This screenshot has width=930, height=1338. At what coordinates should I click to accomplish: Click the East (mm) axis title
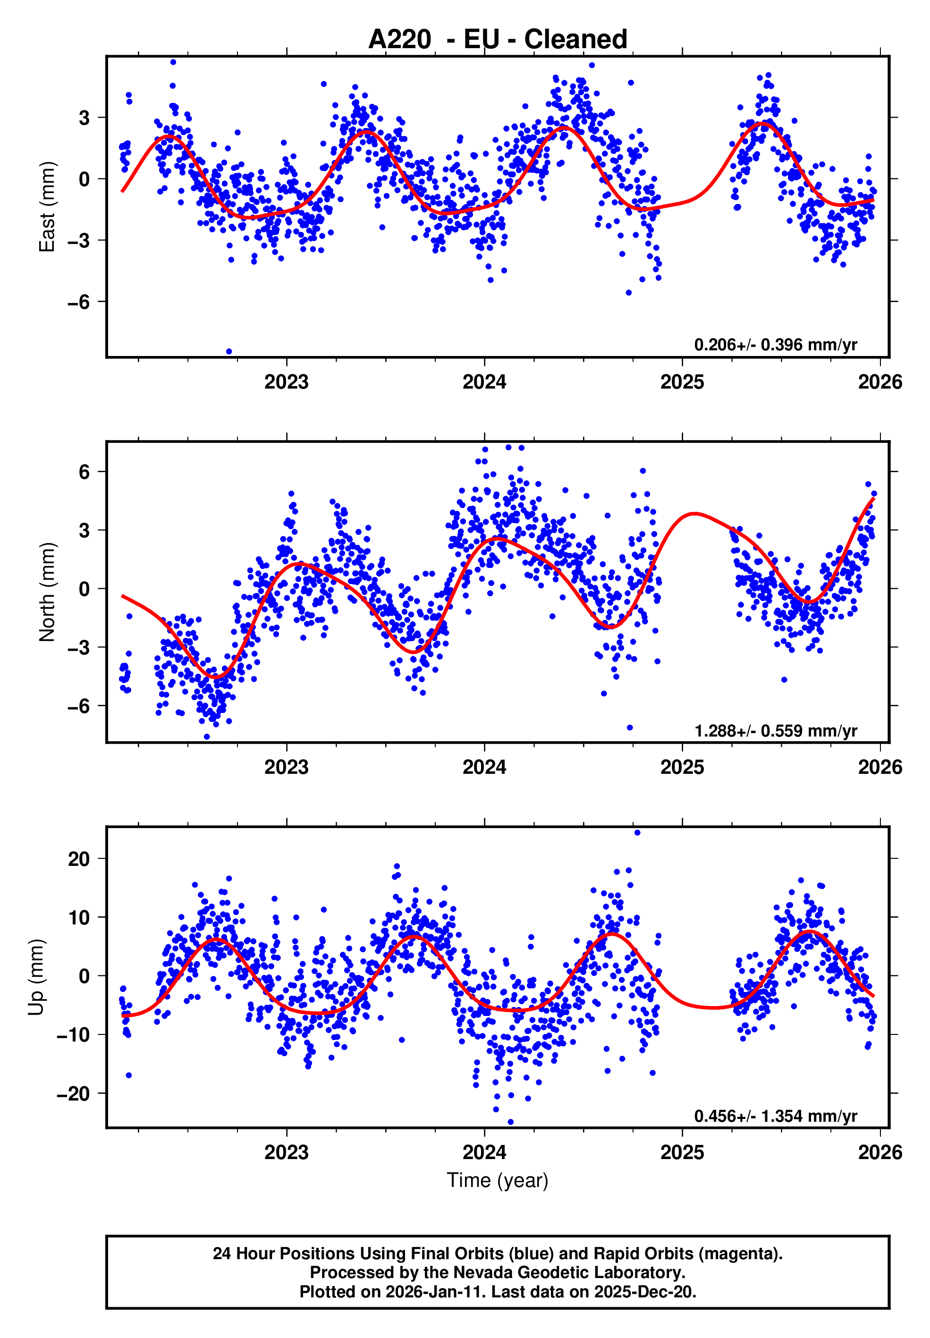coord(47,207)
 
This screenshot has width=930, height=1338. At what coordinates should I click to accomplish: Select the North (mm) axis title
coord(47,592)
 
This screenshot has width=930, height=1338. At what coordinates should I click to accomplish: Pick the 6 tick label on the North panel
coord(85,472)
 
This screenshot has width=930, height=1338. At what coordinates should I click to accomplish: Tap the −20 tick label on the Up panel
coord(73,1094)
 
